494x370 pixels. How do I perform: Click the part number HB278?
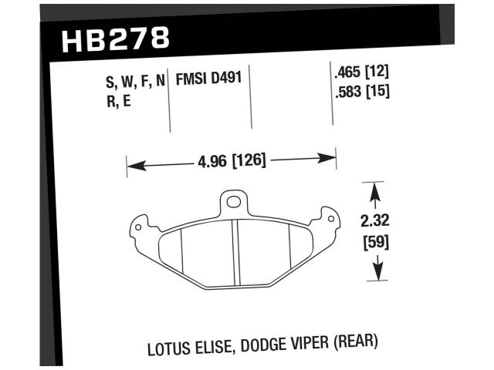coord(113,39)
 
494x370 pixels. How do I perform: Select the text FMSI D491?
coord(208,79)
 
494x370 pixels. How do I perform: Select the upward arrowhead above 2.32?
coord(376,189)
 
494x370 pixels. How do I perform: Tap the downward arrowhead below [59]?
coord(376,274)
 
